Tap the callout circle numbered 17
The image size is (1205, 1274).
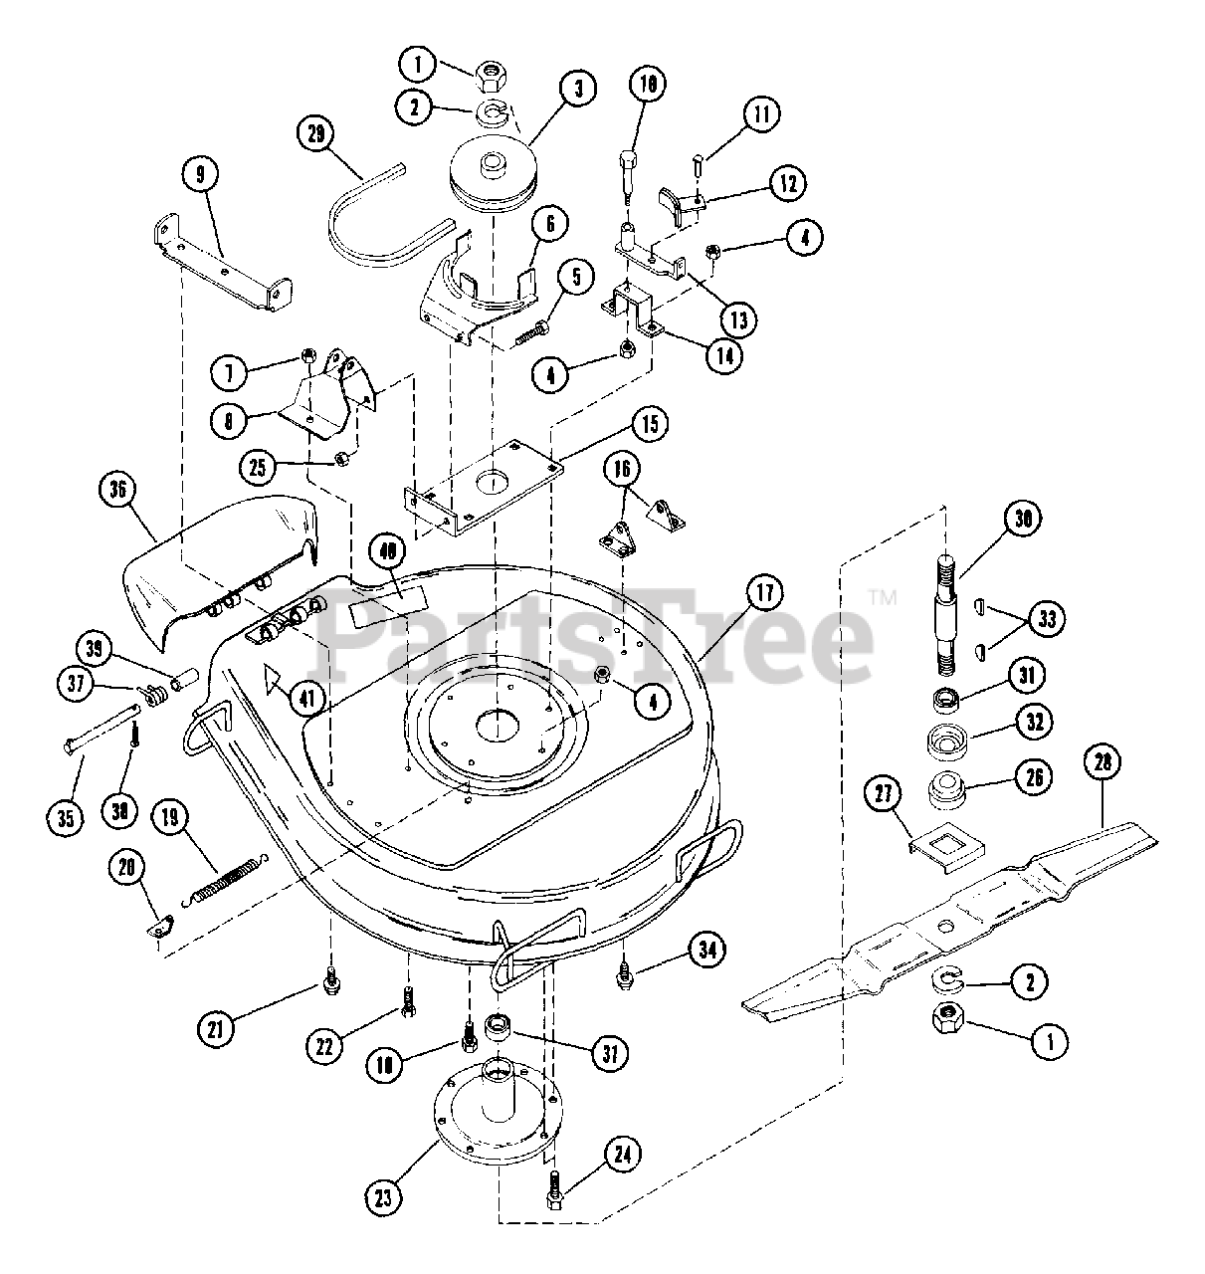coord(764,596)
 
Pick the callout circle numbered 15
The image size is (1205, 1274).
coord(649,426)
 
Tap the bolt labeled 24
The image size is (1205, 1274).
coord(555,1188)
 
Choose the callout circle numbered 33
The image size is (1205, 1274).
coord(1045,619)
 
